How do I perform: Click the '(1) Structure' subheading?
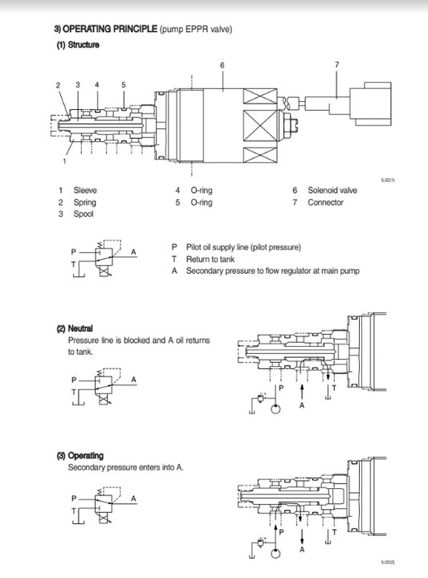[x=78, y=45]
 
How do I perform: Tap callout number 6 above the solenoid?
[x=222, y=64]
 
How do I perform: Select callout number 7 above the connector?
[x=336, y=64]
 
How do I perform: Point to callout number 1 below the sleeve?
[x=63, y=161]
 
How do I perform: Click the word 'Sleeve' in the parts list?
[x=85, y=190]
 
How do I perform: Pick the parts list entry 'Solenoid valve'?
[x=332, y=190]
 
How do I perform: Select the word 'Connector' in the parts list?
[x=325, y=202]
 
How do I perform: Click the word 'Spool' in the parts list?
[x=83, y=214]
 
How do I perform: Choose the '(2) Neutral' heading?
[x=75, y=328]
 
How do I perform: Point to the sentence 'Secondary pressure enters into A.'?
[x=125, y=467]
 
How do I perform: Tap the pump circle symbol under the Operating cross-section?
[x=277, y=554]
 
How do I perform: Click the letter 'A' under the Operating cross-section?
[x=302, y=551]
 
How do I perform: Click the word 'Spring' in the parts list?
[x=84, y=202]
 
